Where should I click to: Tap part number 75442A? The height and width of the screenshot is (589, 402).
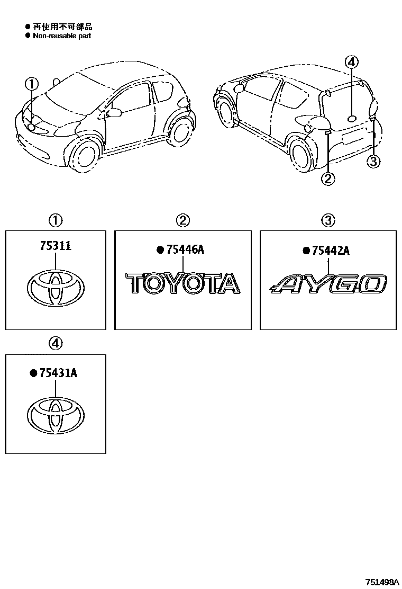(x=330, y=251)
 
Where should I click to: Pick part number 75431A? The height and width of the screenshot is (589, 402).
(x=58, y=373)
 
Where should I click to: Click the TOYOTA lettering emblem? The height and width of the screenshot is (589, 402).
(x=182, y=283)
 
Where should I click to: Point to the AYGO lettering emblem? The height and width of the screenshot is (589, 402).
(x=328, y=284)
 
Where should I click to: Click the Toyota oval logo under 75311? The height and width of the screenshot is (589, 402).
(x=55, y=288)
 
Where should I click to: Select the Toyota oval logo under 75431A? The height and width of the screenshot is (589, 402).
(x=55, y=413)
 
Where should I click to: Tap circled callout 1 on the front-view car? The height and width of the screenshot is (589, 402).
(x=32, y=84)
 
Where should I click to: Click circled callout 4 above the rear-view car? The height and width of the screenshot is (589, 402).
(x=352, y=62)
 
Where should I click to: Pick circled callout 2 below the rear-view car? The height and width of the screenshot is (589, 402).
(x=328, y=179)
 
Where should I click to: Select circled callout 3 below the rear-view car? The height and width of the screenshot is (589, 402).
(x=373, y=161)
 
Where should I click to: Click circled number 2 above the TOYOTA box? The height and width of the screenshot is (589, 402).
(x=182, y=220)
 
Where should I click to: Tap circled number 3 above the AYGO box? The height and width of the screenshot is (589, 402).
(x=328, y=220)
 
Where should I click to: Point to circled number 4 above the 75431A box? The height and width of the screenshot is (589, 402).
(x=56, y=343)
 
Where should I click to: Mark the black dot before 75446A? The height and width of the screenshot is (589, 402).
(x=159, y=251)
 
